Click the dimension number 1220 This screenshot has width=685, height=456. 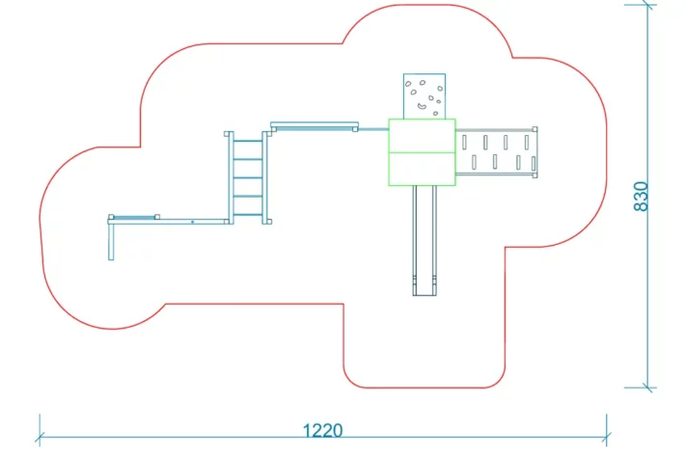coord(323,430)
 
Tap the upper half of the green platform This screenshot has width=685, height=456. coord(422,136)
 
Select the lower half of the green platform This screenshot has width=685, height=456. coord(422,168)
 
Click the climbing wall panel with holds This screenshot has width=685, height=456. coord(425,95)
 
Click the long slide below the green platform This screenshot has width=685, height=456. coord(425,236)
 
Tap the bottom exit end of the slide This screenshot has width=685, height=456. coord(425,288)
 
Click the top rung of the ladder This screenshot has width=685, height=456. coord(248,141)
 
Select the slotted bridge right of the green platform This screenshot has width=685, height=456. coord(495,152)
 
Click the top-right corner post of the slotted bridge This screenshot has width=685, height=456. coord(534,129)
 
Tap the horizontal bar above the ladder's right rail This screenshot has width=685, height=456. coord(314,124)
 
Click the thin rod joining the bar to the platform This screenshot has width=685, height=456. coord(372,127)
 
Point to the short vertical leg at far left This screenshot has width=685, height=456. coord(111,241)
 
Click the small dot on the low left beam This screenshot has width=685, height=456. coord(192,222)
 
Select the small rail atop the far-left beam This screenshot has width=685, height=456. coord(134,217)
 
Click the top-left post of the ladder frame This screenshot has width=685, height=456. coord(230,134)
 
